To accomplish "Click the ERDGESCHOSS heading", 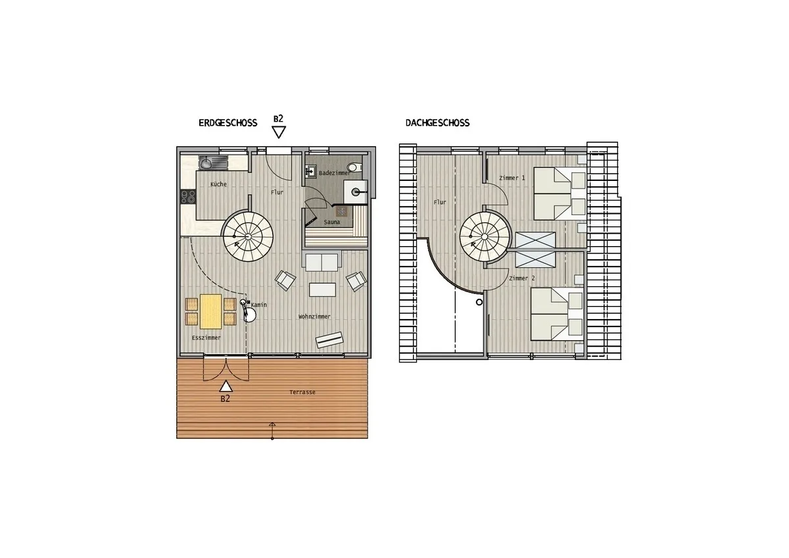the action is coord(228,123).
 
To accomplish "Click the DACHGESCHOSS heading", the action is coord(437,123).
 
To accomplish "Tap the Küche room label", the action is coord(218,184).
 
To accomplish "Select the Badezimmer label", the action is coord(334,173).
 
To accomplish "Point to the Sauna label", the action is coord(332,222).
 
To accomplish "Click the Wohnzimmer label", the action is coord(314,317).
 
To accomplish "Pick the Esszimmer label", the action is coord(206,338).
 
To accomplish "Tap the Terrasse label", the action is coord(302,392).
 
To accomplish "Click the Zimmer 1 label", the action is coord(512,178).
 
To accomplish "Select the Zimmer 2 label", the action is coord(521,278).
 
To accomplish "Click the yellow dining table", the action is coord(210,312).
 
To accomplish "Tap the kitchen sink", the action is coord(205,163).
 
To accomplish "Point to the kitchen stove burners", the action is coord(188,197).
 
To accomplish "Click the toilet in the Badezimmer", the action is coord(354,166).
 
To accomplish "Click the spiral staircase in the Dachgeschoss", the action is coord(485,237).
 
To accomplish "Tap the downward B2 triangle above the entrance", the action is coord(279,132).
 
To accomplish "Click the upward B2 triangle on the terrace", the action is coord(226,386).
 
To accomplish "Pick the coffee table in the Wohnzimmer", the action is coord(322,290).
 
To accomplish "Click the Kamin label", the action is coord(259,305).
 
